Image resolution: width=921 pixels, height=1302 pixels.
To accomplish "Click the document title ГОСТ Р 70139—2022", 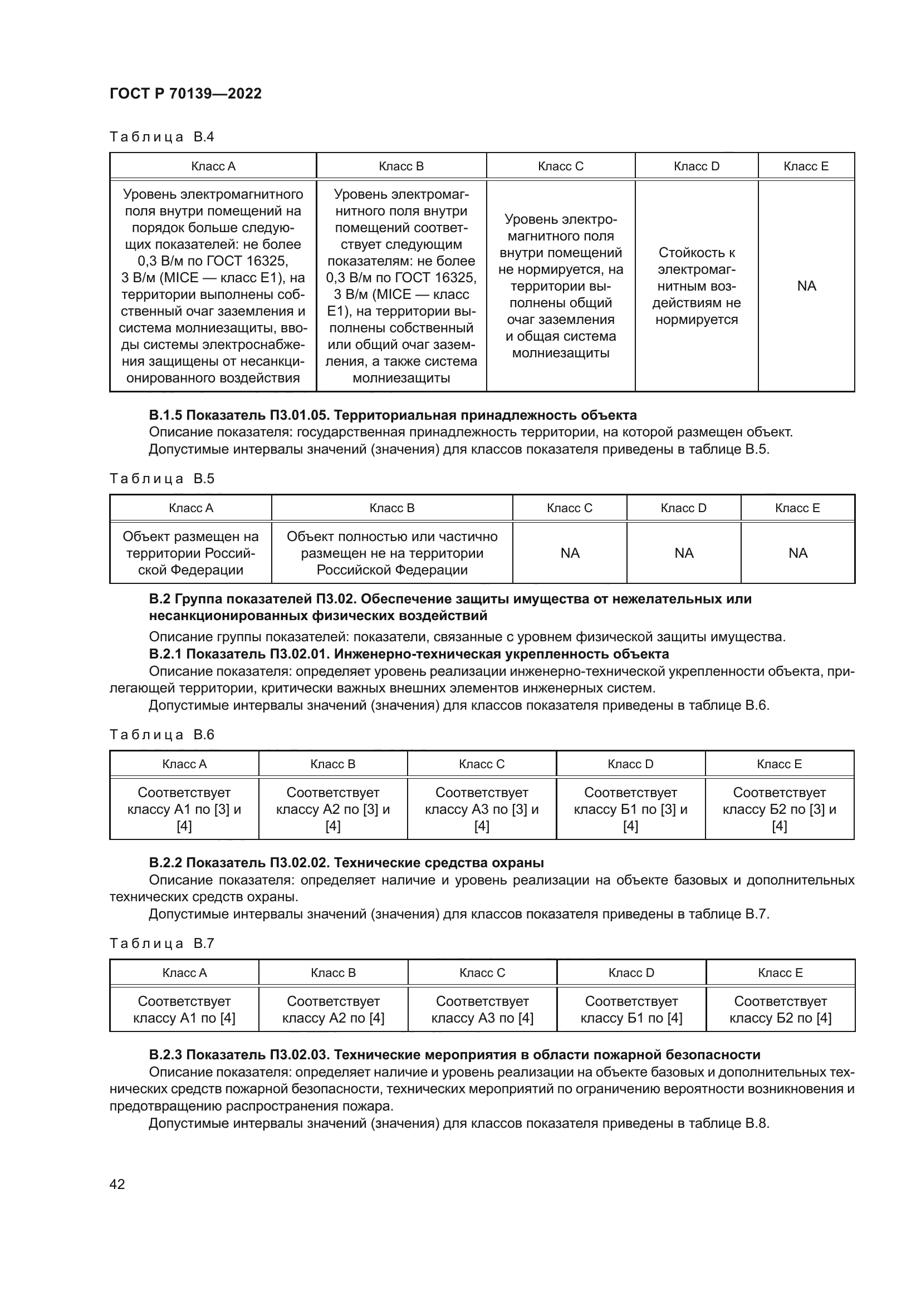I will point(185,94).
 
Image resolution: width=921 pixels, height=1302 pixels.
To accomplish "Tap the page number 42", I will point(117,1183).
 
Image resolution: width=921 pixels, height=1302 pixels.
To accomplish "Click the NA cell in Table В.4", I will point(806,286).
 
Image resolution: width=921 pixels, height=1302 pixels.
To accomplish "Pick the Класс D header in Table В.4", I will point(696,166).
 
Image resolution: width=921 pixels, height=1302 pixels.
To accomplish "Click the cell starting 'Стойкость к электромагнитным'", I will point(696,286).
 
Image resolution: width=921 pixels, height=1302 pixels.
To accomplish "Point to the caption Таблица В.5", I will point(161,478).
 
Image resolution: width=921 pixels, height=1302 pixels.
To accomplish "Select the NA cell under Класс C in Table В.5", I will point(570,553).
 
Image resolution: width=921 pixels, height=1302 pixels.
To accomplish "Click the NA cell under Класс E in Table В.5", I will point(797,553).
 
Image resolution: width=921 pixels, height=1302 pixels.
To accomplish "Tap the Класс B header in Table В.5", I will point(392,508).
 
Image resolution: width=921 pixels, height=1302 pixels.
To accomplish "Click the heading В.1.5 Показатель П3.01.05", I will point(393,415).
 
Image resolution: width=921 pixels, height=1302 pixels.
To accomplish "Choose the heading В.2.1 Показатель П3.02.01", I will point(408,654).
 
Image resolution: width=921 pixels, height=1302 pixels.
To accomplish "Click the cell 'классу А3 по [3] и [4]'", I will point(482,809).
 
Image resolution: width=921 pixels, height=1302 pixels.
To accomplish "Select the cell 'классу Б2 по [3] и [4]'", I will point(779,809).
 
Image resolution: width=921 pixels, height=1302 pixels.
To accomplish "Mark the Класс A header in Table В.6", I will point(184,764).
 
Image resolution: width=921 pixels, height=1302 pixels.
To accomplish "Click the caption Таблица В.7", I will point(161,943).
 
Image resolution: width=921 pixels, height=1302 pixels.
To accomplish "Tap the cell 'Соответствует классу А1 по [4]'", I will point(184,1009).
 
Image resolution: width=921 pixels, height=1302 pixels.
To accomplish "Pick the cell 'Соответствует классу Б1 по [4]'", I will point(631,1009).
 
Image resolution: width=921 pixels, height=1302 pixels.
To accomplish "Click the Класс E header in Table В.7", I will point(780,972).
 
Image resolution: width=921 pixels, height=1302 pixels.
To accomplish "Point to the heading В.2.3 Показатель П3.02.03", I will point(454,1054).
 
